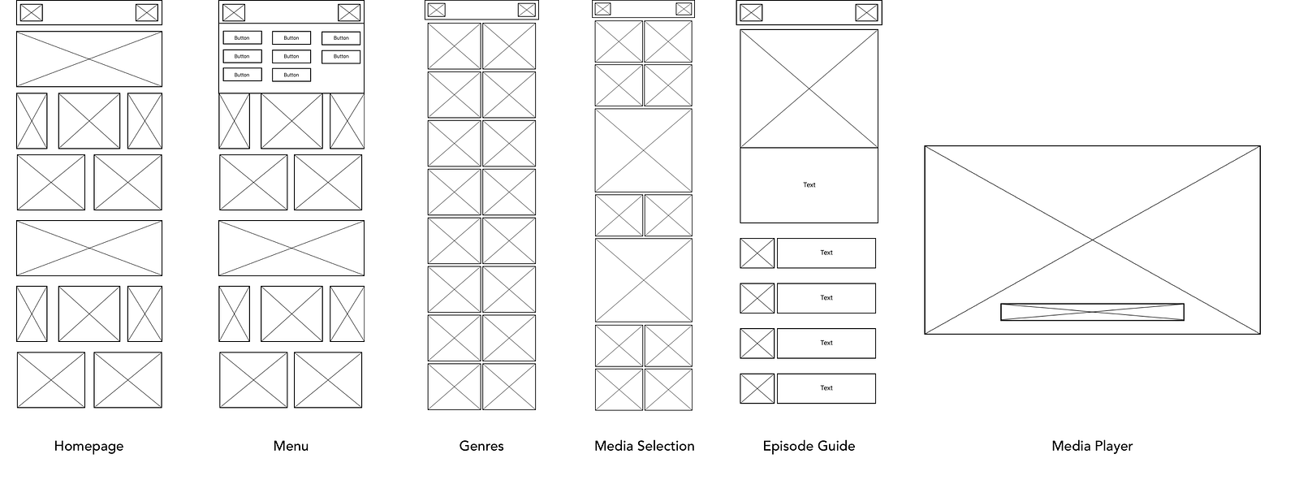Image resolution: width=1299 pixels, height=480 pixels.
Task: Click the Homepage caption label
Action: pyautogui.click(x=88, y=446)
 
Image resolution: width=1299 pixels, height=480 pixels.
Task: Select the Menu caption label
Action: pyautogui.click(x=291, y=446)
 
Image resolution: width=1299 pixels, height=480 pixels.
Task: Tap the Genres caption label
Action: pyautogui.click(x=481, y=446)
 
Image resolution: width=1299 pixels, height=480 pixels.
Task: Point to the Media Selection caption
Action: pyautogui.click(x=645, y=446)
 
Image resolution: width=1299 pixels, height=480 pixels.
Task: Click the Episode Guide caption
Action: pyautogui.click(x=809, y=446)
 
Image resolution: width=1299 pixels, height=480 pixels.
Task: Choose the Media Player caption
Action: pyautogui.click(x=1092, y=446)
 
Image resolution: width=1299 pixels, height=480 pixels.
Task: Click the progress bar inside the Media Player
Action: pyautogui.click(x=1092, y=312)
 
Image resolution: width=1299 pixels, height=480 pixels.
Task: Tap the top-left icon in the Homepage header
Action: pyautogui.click(x=32, y=13)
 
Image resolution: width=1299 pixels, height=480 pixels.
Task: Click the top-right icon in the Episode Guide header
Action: pyautogui.click(x=866, y=13)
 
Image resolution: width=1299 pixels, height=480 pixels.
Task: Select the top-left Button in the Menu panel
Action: pyautogui.click(x=242, y=37)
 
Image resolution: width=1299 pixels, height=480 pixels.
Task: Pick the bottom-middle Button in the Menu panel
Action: pyautogui.click(x=291, y=75)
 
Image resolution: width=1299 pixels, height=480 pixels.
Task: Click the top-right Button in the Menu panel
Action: pyautogui.click(x=341, y=37)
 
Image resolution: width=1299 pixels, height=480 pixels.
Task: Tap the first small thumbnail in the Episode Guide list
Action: pyautogui.click(x=757, y=253)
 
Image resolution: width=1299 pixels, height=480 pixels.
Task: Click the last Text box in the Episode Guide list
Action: pyautogui.click(x=826, y=388)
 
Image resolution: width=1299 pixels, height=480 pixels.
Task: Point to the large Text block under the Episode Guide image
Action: pyautogui.click(x=809, y=185)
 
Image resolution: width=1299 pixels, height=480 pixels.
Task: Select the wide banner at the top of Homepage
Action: pyautogui.click(x=89, y=59)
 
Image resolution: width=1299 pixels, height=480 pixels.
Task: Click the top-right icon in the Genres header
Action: pyautogui.click(x=527, y=10)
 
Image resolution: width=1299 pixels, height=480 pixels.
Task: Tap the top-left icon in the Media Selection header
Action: pyautogui.click(x=602, y=9)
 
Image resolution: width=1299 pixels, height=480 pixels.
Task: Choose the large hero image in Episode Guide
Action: pyautogui.click(x=809, y=89)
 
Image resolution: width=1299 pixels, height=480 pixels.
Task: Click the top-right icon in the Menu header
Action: pyautogui.click(x=349, y=13)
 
